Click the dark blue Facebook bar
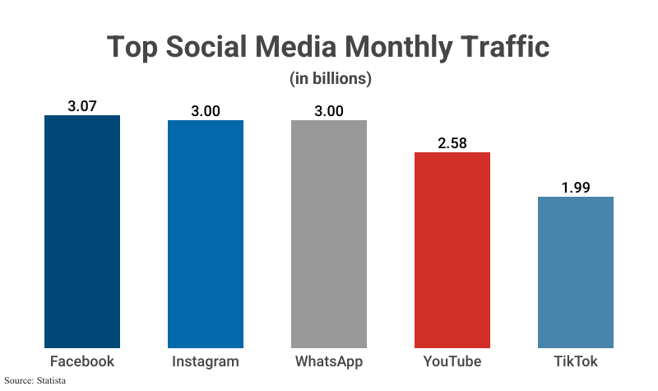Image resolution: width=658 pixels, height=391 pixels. [x=82, y=231]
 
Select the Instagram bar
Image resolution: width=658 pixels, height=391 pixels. [x=206, y=234]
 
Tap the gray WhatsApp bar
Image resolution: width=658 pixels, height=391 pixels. [x=329, y=234]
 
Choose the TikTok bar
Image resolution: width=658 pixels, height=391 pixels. [x=576, y=272]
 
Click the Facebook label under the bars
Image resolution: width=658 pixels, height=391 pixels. [x=82, y=361]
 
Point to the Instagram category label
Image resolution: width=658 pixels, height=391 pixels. [x=206, y=361]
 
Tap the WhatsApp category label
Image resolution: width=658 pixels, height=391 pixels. [x=329, y=361]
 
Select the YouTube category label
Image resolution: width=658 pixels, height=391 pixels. [x=452, y=361]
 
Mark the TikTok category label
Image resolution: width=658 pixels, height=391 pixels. [x=576, y=361]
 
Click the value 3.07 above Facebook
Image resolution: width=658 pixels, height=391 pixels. [x=82, y=105]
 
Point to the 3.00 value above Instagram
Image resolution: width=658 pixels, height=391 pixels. [x=206, y=110]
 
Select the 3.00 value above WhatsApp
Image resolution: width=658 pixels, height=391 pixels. [x=329, y=110]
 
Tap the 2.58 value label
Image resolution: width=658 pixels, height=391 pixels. [x=452, y=142]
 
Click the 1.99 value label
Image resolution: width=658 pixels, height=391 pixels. [x=576, y=187]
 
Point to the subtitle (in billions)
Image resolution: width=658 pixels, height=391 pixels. [x=330, y=79]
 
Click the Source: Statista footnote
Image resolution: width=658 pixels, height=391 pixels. [x=35, y=381]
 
